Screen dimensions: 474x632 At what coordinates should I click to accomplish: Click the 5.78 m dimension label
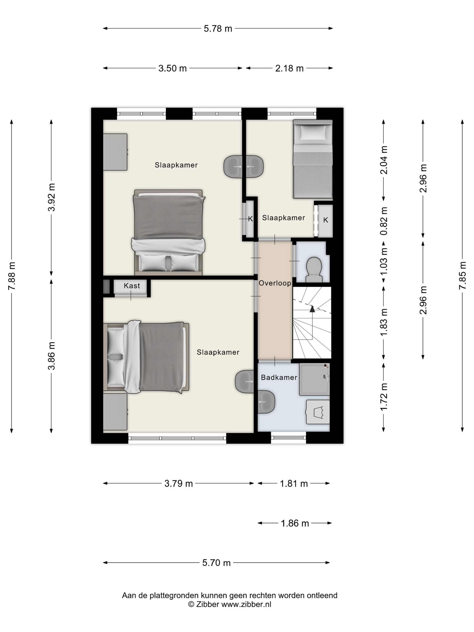(218, 29)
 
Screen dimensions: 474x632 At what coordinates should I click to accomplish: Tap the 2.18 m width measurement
(289, 68)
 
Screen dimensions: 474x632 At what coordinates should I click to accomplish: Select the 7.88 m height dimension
(12, 276)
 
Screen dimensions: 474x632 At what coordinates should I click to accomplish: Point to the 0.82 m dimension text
(384, 221)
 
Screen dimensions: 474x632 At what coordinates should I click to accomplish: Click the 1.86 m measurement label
(295, 523)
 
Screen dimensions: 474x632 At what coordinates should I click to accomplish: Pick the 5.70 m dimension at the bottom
(216, 562)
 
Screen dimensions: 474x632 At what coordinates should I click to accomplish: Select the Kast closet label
(132, 286)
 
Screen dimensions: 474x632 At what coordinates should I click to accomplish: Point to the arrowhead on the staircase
(312, 309)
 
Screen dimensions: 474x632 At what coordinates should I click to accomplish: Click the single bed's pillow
(313, 132)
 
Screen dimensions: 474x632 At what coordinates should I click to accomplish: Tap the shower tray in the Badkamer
(314, 379)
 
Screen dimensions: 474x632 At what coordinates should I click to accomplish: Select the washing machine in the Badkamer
(318, 412)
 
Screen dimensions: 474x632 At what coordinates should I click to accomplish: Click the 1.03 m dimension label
(384, 261)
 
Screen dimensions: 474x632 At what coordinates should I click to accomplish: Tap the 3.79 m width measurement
(179, 483)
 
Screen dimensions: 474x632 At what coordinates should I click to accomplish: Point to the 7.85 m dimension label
(462, 275)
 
